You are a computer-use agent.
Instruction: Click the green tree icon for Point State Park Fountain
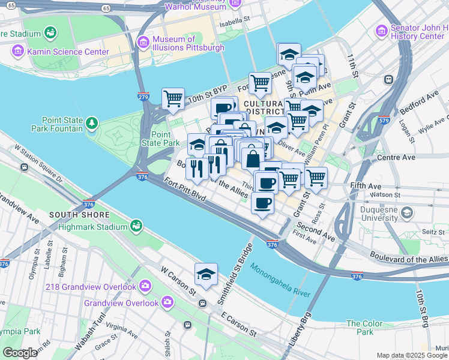pos(92,124)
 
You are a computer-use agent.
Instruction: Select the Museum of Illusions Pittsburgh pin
pos(143,41)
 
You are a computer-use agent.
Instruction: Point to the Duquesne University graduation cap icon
pos(408,212)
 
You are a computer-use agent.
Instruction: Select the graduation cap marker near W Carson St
pos(205,274)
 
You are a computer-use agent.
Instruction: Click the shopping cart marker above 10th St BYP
pos(173,98)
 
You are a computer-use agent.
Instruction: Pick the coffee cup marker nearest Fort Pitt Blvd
pos(262,204)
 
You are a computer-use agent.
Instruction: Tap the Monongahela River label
pos(280,281)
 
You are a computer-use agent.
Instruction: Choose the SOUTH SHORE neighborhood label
pos(80,215)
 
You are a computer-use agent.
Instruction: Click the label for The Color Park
pos(365,328)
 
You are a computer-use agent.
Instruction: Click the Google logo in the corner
pos(20,353)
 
